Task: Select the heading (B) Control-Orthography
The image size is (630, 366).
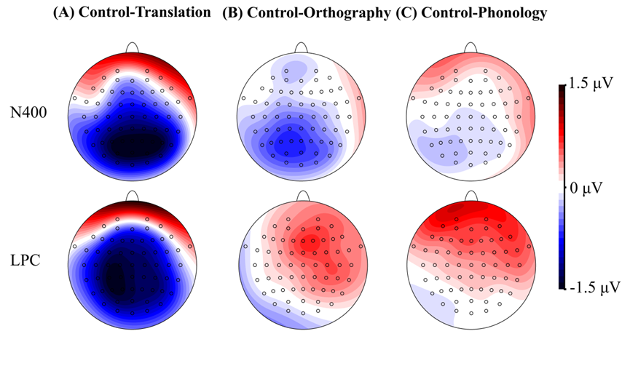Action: [307, 13]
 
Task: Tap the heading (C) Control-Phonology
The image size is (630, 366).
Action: [473, 13]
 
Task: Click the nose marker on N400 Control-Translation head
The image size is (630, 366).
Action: [133, 47]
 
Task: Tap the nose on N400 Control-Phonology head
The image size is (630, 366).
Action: [471, 47]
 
